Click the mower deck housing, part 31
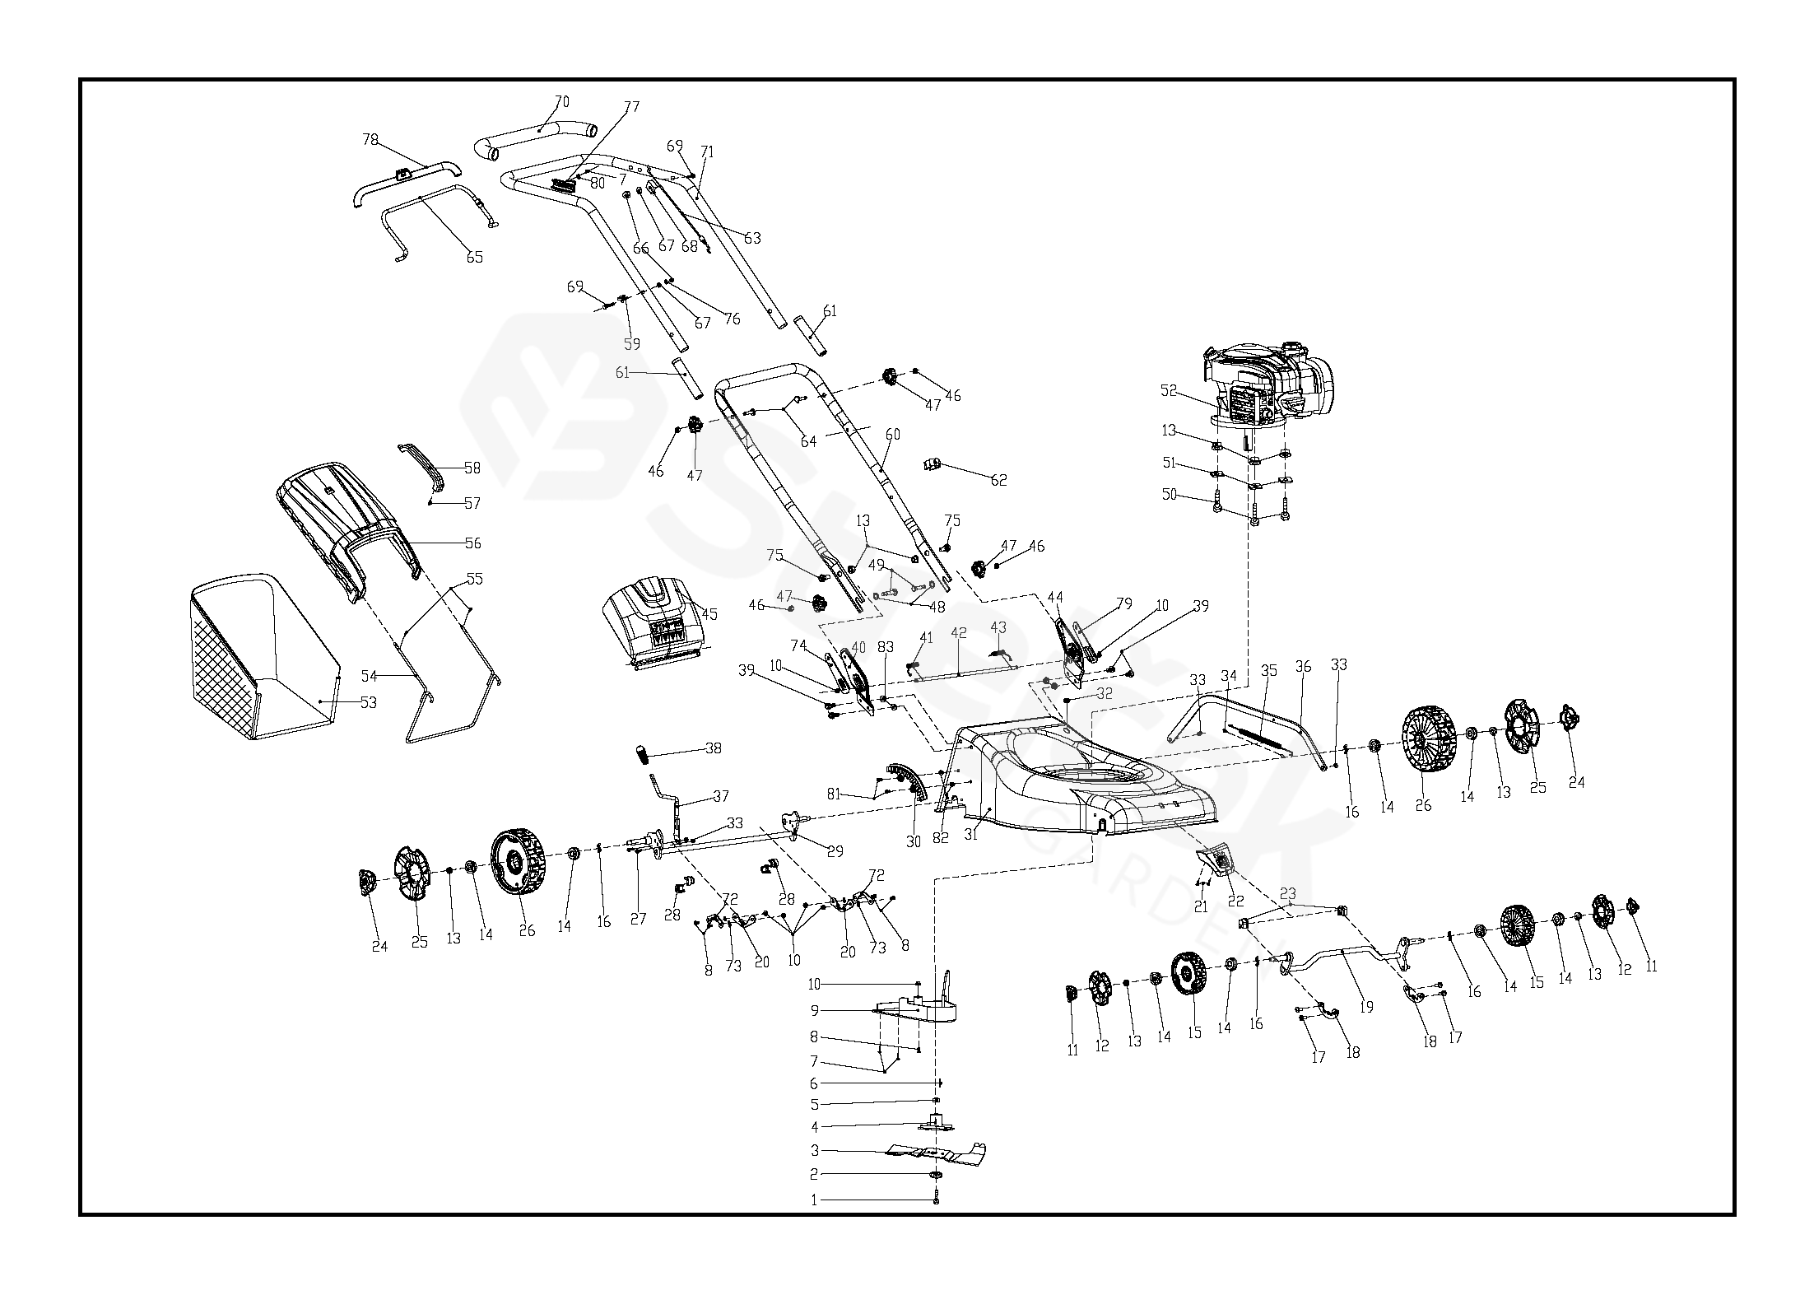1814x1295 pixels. click(x=1070, y=782)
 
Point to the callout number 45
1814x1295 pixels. click(x=709, y=614)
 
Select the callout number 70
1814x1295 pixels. click(x=561, y=102)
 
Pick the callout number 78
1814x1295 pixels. click(x=370, y=140)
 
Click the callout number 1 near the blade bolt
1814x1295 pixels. click(x=815, y=1200)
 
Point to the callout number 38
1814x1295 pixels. click(x=713, y=748)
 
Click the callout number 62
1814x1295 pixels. click(x=998, y=480)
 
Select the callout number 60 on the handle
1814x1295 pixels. click(x=892, y=434)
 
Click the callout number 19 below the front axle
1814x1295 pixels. click(x=1366, y=1007)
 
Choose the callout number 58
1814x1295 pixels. click(x=472, y=468)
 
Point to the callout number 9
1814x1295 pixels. click(x=815, y=1010)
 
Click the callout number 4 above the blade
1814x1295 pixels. click(x=815, y=1127)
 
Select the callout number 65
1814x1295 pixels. click(x=475, y=257)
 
